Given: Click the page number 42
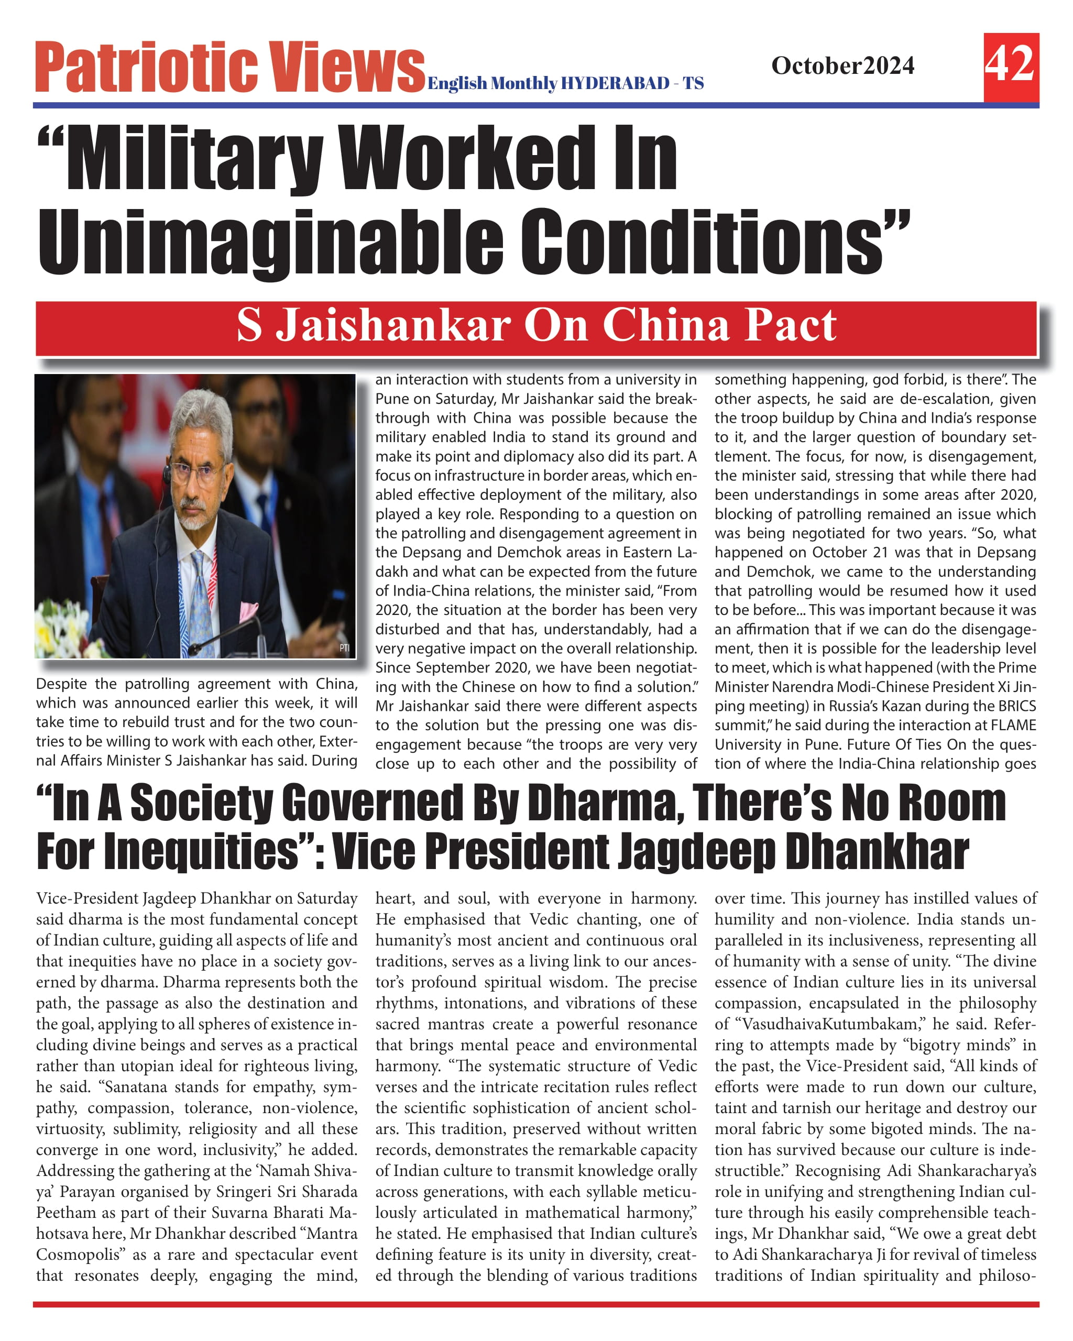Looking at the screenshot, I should (1010, 64).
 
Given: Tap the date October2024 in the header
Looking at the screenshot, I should (842, 65).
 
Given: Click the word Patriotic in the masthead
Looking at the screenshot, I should (146, 67).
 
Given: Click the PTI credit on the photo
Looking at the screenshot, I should (344, 648).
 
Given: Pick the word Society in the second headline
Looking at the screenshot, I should (202, 804).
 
